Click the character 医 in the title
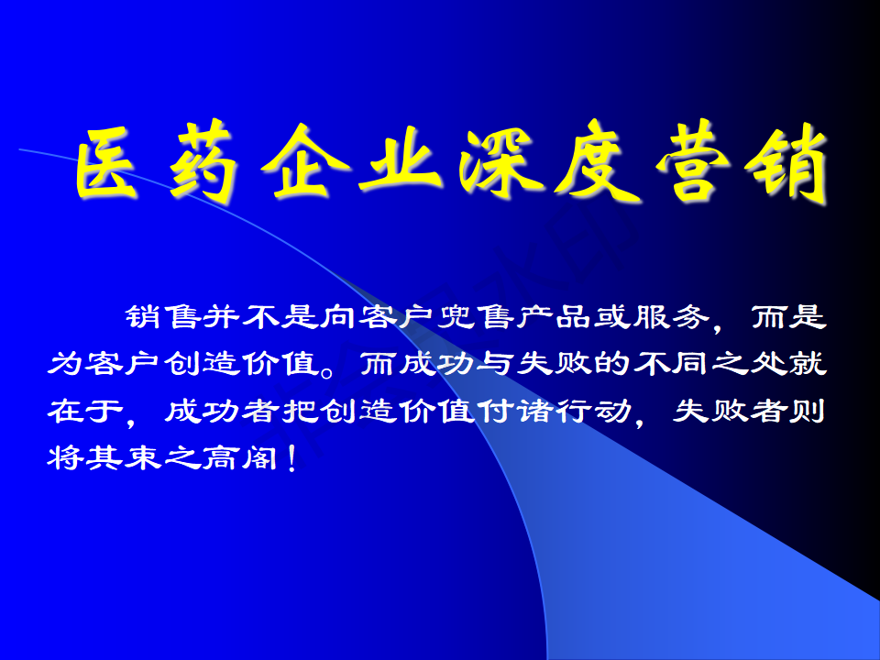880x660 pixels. (106, 163)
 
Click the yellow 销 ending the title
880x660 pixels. (786, 163)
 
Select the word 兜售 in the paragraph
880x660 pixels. (474, 317)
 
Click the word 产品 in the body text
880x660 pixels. (552, 317)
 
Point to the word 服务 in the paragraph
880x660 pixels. (669, 317)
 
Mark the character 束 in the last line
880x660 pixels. (144, 457)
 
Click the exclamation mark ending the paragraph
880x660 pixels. (291, 458)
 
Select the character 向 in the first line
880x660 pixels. (338, 317)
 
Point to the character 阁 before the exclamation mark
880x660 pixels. (260, 457)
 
